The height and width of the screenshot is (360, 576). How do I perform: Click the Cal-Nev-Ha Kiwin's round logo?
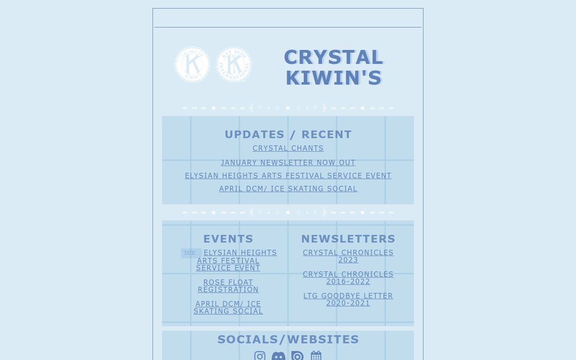coord(192,64)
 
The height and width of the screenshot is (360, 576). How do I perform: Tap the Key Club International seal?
coord(234,64)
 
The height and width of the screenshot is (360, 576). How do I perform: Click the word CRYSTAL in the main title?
coord(333,57)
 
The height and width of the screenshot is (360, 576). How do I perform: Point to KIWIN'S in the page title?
coord(333,78)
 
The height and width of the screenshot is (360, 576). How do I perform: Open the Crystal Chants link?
coord(288,148)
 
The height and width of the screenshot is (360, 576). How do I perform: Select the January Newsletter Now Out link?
coord(288,163)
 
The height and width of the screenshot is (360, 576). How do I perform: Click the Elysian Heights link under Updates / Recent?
coord(288,176)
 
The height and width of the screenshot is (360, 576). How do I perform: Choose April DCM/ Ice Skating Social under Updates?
coord(288,189)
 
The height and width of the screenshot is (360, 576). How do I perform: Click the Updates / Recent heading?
coord(288,135)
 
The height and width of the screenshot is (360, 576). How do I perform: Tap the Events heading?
coord(228,239)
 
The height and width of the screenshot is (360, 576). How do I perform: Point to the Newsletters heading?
coord(348,239)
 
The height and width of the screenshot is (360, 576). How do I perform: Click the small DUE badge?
coord(190,253)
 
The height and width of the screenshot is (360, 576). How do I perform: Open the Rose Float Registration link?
coord(228,286)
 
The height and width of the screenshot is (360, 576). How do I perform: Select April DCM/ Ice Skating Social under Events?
coord(228,308)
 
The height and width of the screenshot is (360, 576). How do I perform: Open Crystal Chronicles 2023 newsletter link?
coord(348,256)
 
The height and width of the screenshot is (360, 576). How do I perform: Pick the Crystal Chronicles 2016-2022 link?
coord(348,278)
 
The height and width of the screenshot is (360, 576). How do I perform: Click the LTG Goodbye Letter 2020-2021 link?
coord(348,300)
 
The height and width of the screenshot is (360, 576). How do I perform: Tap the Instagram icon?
coord(260,356)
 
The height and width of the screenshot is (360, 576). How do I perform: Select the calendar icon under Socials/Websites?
coord(316,356)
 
